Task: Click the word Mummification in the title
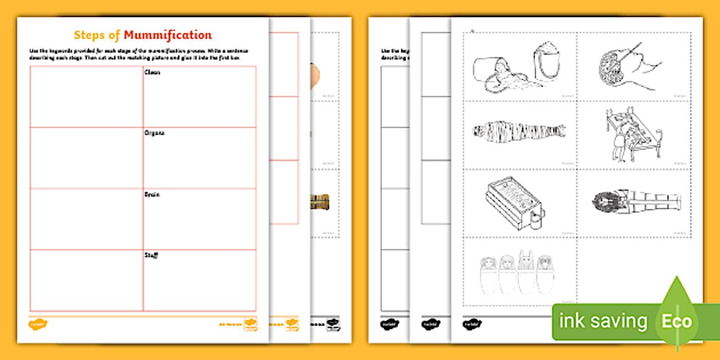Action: click(x=167, y=35)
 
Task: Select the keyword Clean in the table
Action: click(x=153, y=73)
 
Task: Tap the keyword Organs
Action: click(x=155, y=133)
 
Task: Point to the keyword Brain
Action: click(x=153, y=194)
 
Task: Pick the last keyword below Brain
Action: click(x=151, y=255)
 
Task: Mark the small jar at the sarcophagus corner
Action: click(x=537, y=216)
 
